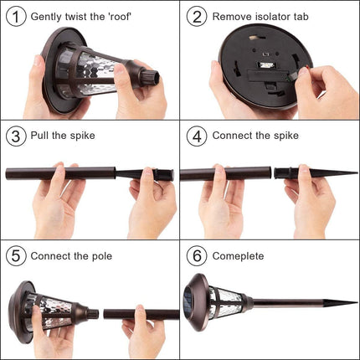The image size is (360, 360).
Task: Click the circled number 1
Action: [16, 17]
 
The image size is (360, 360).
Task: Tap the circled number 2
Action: [197, 17]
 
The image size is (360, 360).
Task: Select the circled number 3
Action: [16, 136]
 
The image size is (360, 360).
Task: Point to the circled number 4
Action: [197, 136]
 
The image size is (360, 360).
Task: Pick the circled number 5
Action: [16, 256]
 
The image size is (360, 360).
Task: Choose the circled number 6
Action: [197, 256]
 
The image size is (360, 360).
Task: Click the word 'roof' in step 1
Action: [119, 17]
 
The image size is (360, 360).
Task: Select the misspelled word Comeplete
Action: [238, 256]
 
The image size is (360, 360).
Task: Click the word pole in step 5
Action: [102, 256]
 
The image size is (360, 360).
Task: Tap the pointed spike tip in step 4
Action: [357, 173]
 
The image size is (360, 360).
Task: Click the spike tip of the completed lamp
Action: [357, 302]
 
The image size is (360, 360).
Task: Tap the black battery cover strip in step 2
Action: [267, 76]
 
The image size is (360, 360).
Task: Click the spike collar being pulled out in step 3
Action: [163, 175]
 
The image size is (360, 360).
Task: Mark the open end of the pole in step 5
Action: [105, 314]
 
